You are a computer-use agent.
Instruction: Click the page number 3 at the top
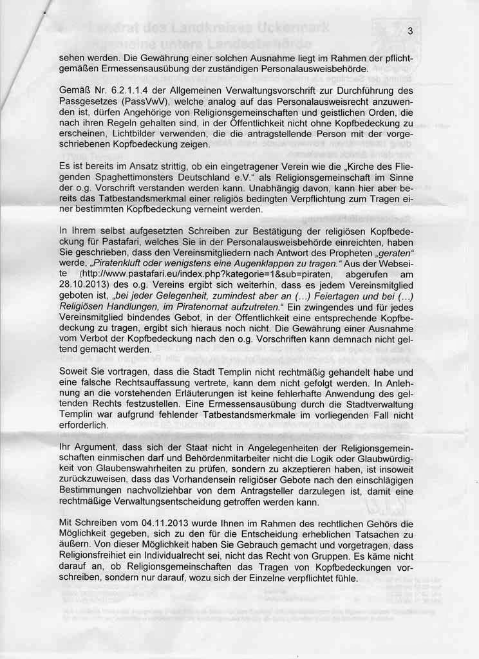pyautogui.click(x=410, y=33)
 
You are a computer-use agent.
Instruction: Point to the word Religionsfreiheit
pyautogui.click(x=98, y=559)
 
